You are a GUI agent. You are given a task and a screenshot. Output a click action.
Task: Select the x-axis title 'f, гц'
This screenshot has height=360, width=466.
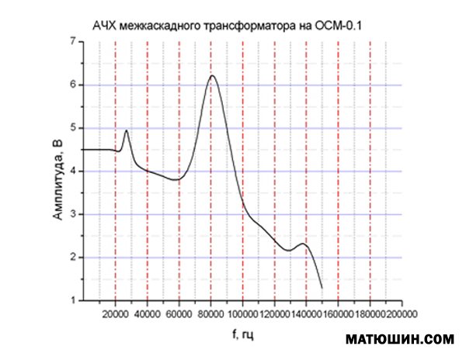242,335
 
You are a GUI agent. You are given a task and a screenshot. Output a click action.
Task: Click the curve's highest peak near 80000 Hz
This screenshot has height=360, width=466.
212,75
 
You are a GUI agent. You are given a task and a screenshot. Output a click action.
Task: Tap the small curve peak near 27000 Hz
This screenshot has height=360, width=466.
126,130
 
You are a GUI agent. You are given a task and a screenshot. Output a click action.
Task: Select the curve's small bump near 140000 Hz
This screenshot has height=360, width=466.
304,244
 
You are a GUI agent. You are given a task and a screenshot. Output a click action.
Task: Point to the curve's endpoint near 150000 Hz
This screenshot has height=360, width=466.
322,288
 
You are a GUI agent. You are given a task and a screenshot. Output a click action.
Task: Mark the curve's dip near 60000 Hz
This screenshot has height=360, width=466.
177,179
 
